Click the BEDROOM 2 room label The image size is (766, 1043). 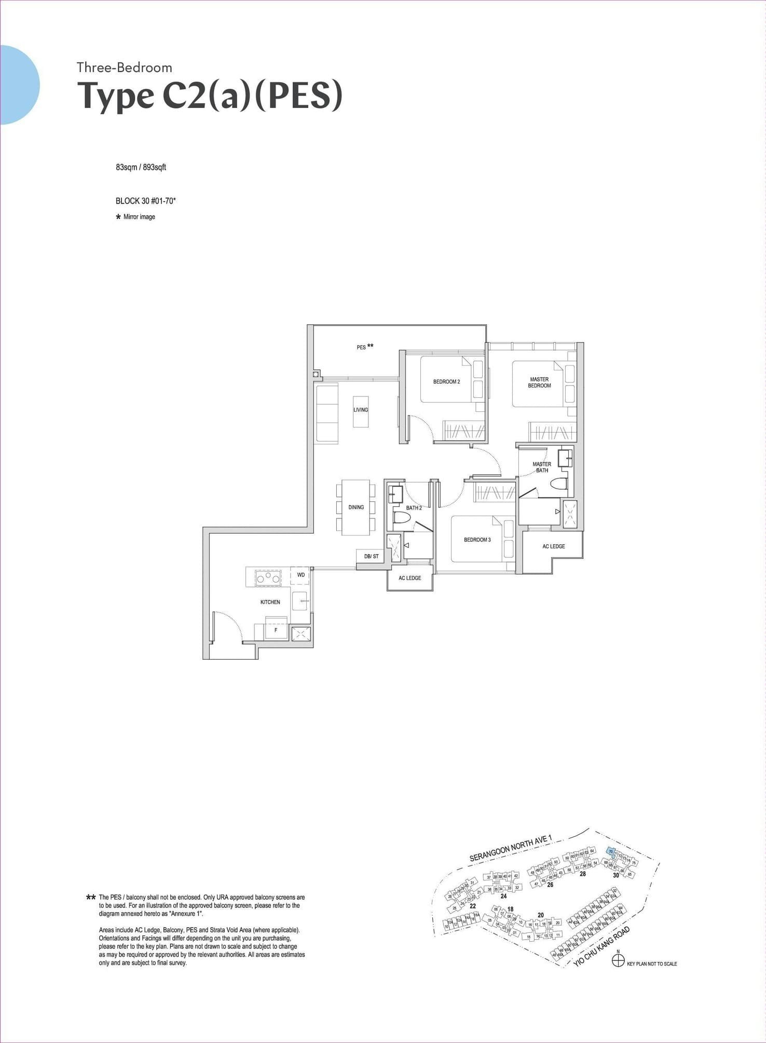point(446,382)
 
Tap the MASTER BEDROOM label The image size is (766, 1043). point(539,382)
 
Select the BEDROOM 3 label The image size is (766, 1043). point(477,540)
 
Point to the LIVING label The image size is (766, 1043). point(361,410)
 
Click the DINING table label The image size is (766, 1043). point(356,507)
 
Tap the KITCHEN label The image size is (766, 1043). point(270,602)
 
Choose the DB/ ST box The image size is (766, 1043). point(371,556)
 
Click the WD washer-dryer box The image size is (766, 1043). point(300,575)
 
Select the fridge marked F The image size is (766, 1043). point(276,630)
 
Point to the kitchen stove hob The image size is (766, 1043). point(267,577)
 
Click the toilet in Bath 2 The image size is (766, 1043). point(401,518)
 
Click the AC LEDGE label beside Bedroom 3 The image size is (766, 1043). point(553,546)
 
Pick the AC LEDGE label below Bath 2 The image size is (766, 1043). point(409,578)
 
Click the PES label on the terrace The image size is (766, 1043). point(361,347)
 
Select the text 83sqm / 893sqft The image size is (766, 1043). point(141,167)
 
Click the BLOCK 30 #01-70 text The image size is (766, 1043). point(145,200)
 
